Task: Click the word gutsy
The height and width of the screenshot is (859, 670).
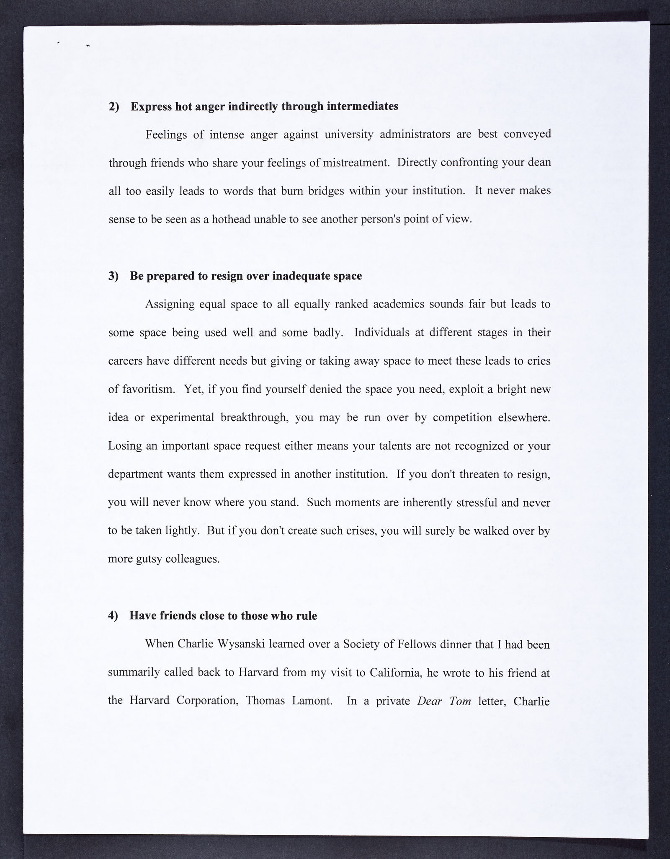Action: coord(153,559)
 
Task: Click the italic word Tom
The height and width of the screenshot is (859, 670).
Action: coord(460,701)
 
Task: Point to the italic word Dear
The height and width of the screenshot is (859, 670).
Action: coord(430,701)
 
